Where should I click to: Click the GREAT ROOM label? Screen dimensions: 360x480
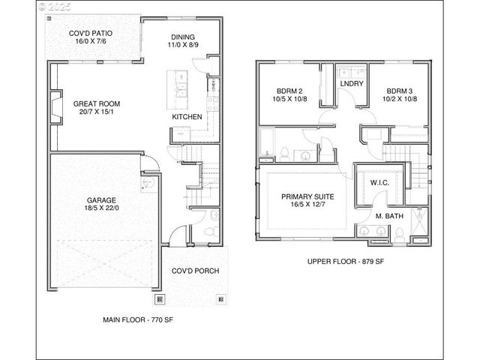96,103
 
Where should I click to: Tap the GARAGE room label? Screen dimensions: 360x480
100,200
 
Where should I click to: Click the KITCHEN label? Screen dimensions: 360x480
187,117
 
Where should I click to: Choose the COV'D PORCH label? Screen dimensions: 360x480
195,271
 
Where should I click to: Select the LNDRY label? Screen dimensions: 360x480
352,83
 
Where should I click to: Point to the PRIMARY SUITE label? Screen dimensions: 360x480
307,196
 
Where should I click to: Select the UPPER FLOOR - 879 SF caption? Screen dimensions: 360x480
345,262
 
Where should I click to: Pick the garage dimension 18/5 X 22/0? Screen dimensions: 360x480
100,209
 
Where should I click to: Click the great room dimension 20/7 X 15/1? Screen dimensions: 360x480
96,113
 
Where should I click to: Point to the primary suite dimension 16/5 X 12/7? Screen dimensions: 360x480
307,205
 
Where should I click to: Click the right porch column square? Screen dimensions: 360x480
220,298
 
